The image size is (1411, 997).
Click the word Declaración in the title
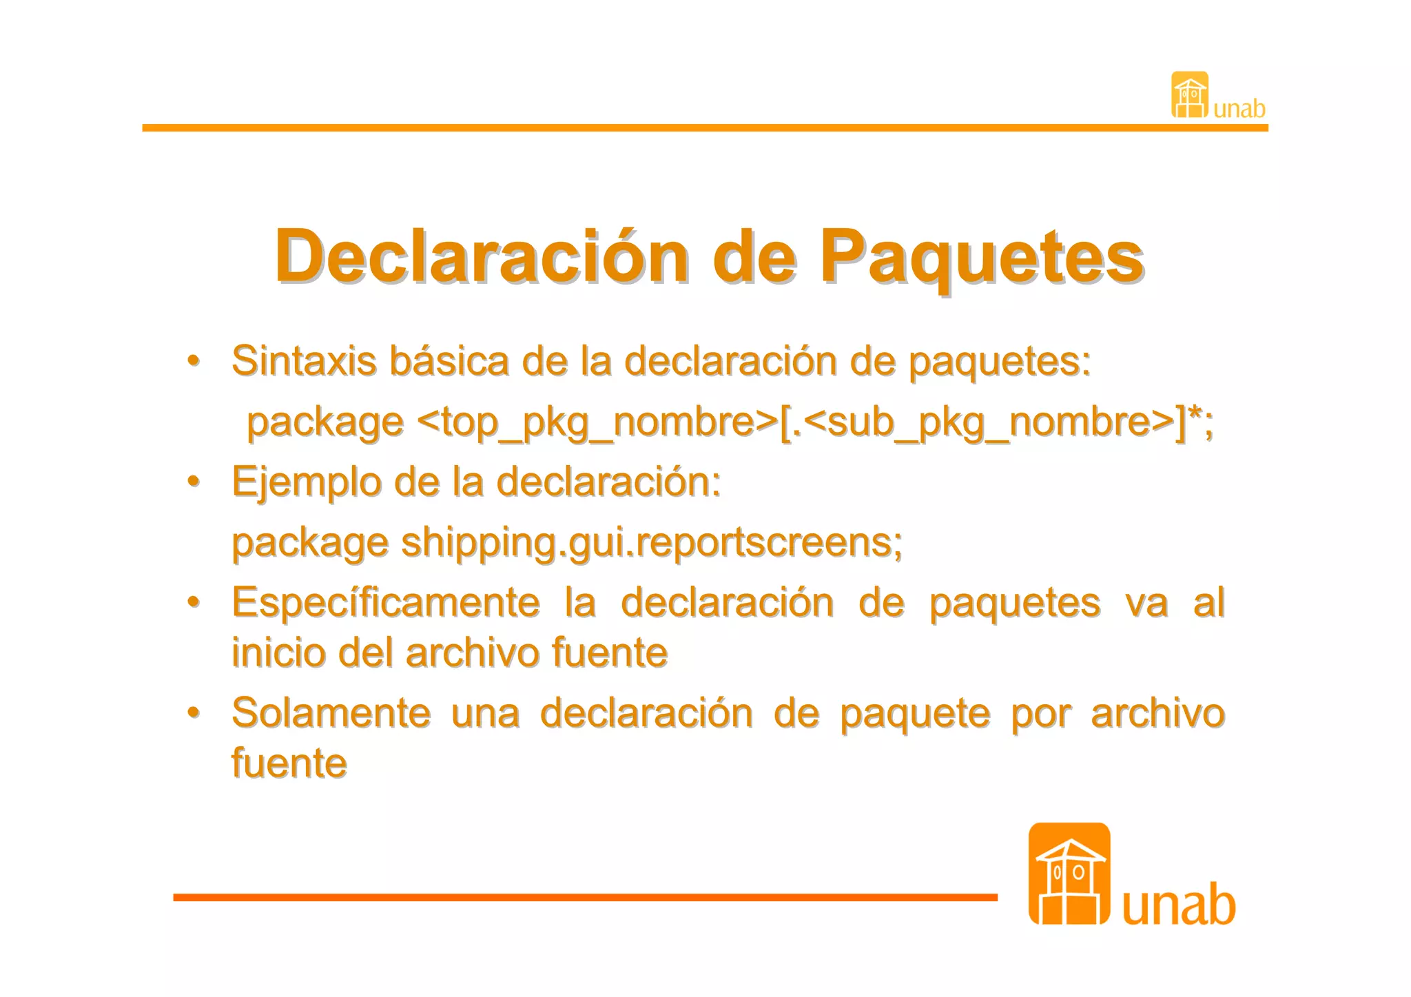482,256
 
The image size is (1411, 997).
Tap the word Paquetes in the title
981,256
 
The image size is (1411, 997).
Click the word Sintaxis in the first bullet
304,360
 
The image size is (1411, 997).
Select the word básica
449,360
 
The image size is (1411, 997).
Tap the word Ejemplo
306,482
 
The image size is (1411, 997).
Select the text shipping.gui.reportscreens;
652,543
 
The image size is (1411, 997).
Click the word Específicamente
386,603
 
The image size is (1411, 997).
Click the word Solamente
331,713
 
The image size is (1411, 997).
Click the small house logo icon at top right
1190,95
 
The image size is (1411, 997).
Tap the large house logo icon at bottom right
1069,874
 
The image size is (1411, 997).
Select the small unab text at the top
1239,109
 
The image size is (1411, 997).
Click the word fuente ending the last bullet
289,763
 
